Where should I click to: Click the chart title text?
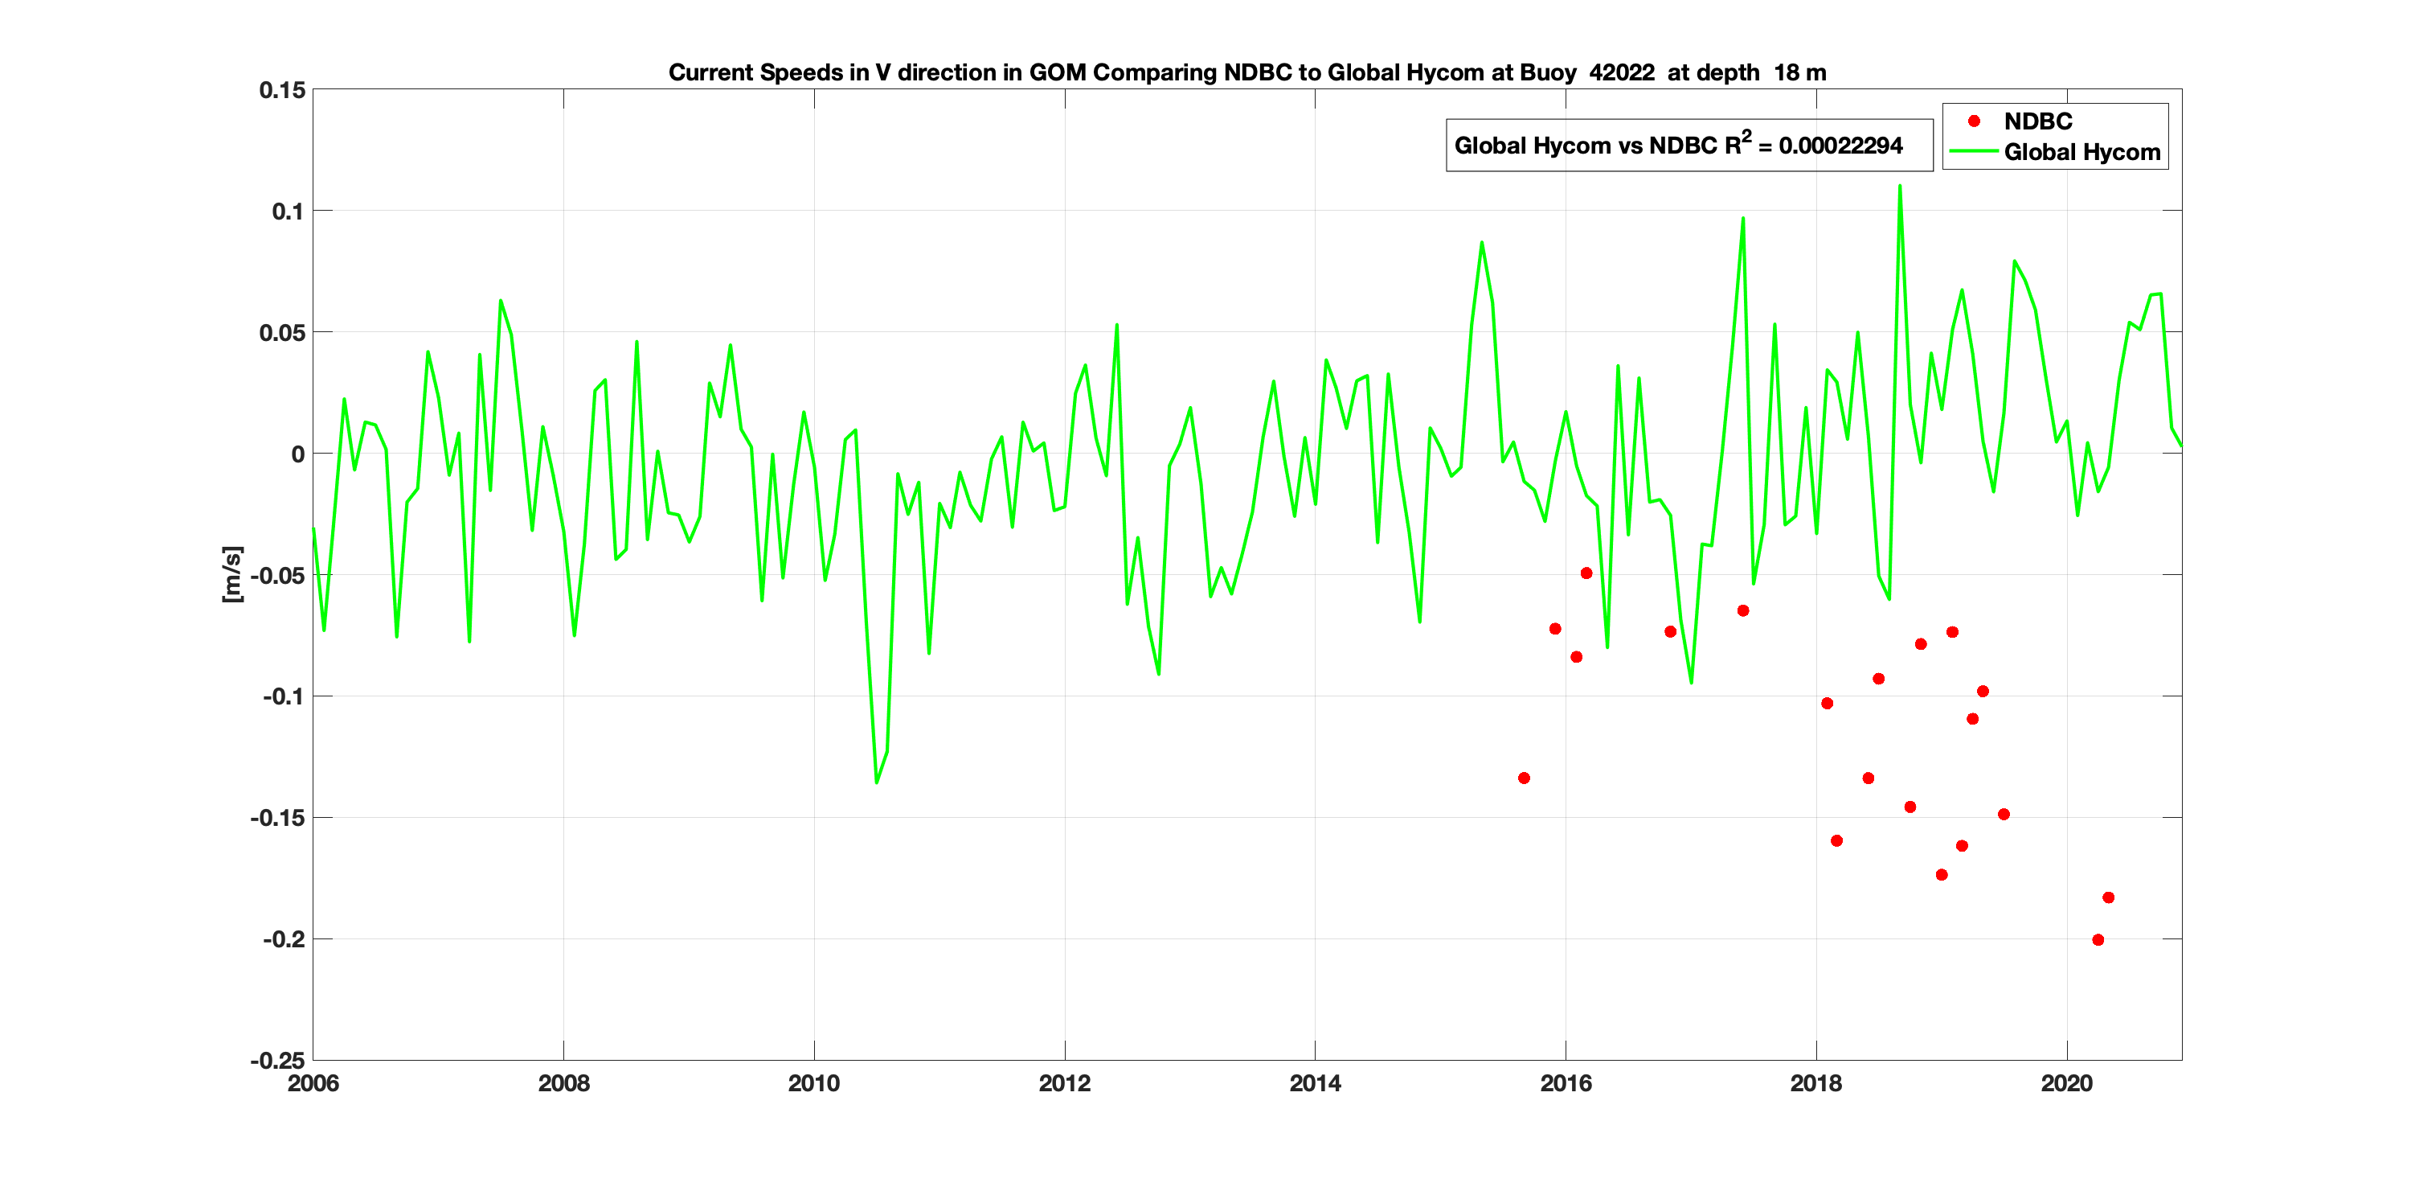(1246, 73)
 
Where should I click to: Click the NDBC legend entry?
(2036, 121)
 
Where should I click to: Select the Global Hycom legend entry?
(2081, 153)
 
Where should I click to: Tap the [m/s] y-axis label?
(232, 574)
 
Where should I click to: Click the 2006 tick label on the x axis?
(313, 1083)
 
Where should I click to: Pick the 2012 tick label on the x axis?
(1064, 1083)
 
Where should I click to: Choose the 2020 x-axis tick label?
(2065, 1083)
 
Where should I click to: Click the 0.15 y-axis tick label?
(282, 91)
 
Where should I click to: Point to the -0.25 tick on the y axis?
(277, 1061)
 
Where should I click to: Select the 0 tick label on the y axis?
(297, 454)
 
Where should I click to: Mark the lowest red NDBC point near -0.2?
(2098, 940)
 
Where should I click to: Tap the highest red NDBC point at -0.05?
(1586, 573)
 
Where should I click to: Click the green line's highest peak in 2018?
(1899, 187)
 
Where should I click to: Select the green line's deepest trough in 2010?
(876, 782)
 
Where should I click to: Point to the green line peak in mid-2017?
(1742, 219)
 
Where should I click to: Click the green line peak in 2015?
(1482, 243)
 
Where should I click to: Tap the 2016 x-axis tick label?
(1565, 1083)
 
